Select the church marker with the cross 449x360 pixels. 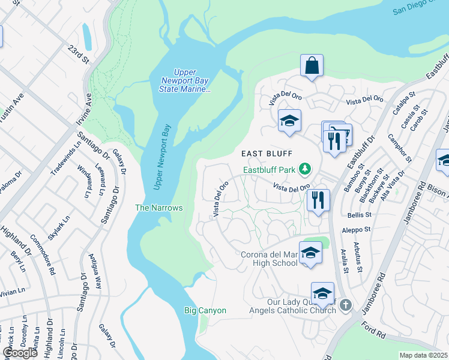pos(345,305)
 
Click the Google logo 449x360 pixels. pos(20,353)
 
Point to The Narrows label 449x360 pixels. pos(158,208)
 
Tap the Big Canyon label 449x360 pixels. pos(205,310)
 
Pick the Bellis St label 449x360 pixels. pos(357,214)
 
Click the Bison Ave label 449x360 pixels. pos(436,193)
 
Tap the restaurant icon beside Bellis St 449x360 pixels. pos(318,200)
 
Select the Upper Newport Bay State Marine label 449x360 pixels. pos(185,80)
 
